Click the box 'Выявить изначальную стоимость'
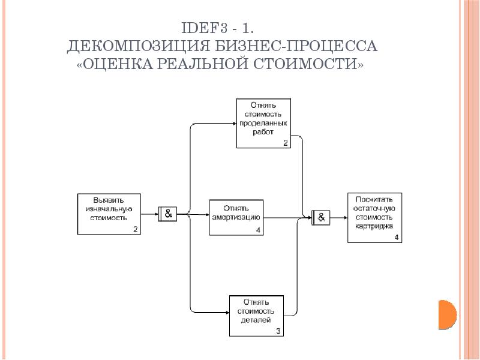click(109, 214)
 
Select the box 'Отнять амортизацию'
click(236, 217)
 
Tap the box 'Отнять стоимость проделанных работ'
click(263, 123)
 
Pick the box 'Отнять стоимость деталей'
click(257, 316)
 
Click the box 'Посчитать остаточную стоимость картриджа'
click(374, 218)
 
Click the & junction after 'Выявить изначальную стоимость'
click(167, 214)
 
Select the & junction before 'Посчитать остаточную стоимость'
click(321, 218)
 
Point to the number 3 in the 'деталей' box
click(278, 331)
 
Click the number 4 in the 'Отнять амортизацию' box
click(258, 230)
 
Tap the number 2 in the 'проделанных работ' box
click(286, 143)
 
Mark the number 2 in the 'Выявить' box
click(136, 229)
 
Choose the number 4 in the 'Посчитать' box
click(397, 237)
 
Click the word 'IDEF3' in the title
click(205, 28)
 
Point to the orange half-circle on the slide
click(447, 314)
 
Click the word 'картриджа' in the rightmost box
click(374, 227)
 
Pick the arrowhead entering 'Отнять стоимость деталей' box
click(227, 313)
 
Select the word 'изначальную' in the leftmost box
click(109, 209)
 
